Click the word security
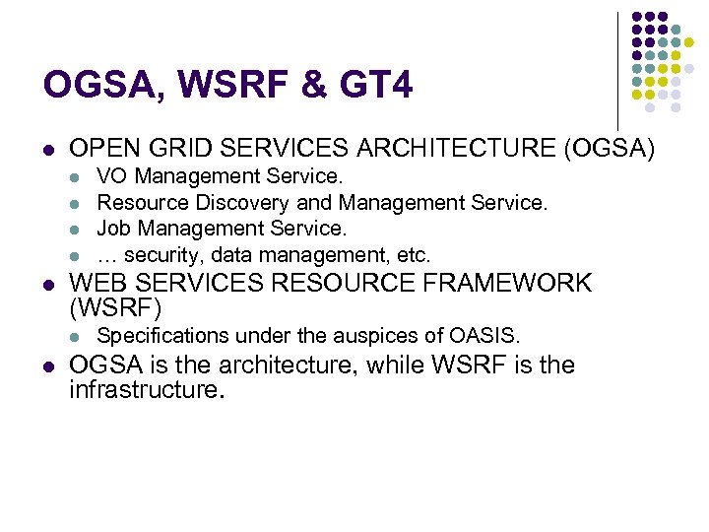coord(165,255)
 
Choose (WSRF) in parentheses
coord(116,308)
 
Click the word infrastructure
coord(144,391)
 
